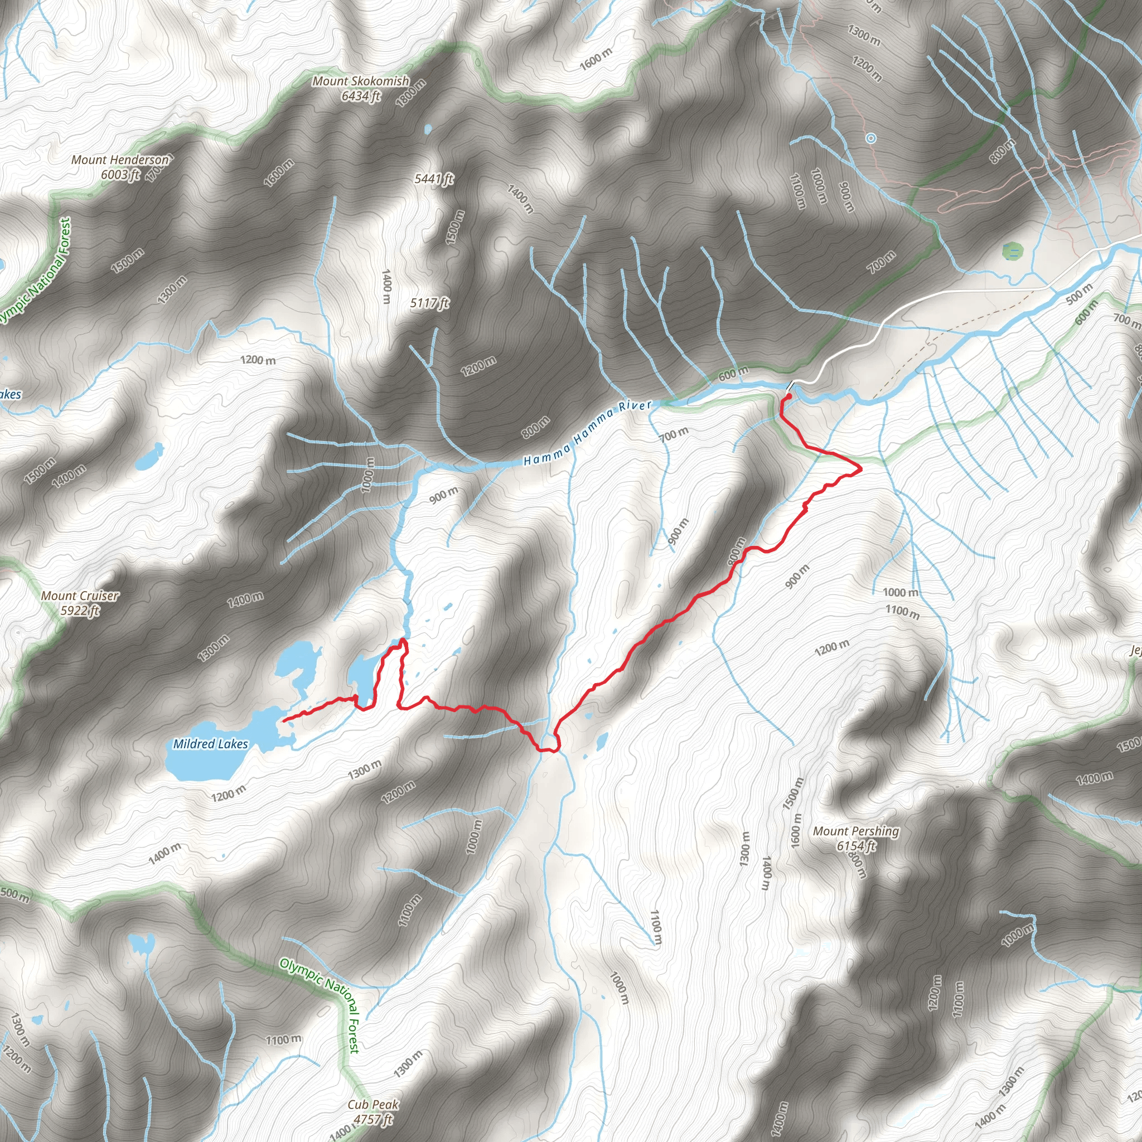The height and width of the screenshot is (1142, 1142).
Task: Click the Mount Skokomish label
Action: [x=361, y=81]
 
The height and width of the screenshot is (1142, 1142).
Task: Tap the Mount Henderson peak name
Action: [x=120, y=159]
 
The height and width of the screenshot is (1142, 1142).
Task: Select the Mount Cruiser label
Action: [x=80, y=596]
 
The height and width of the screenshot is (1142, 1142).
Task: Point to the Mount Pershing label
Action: [x=856, y=831]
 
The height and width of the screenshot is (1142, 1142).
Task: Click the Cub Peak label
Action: [x=373, y=1104]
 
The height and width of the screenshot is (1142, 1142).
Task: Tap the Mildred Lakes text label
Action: [x=210, y=744]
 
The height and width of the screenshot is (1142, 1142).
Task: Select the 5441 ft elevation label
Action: [x=434, y=178]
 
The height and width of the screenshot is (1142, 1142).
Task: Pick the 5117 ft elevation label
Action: [x=430, y=303]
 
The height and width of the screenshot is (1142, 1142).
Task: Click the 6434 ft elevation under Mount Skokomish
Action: [x=361, y=96]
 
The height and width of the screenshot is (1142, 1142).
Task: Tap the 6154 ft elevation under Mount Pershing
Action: [x=856, y=846]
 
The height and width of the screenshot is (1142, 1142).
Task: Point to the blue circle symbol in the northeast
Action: [x=870, y=138]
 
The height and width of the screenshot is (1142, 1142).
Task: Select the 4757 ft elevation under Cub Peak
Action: [x=373, y=1119]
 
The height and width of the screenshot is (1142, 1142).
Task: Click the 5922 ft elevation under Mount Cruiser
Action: [x=80, y=611]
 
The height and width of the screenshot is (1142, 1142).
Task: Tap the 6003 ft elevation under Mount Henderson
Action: [x=120, y=175]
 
